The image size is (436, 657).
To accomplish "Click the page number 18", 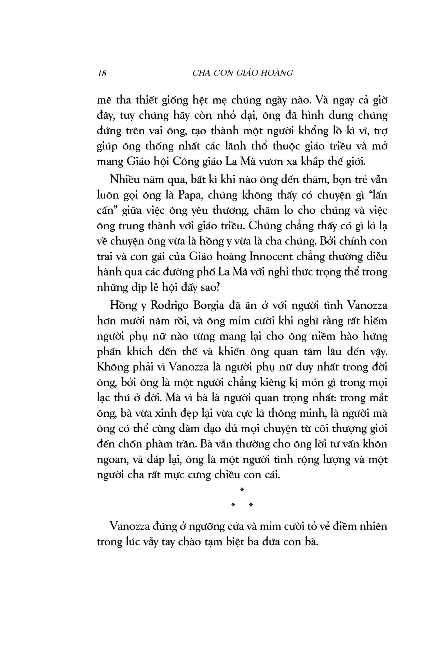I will [x=102, y=73].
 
